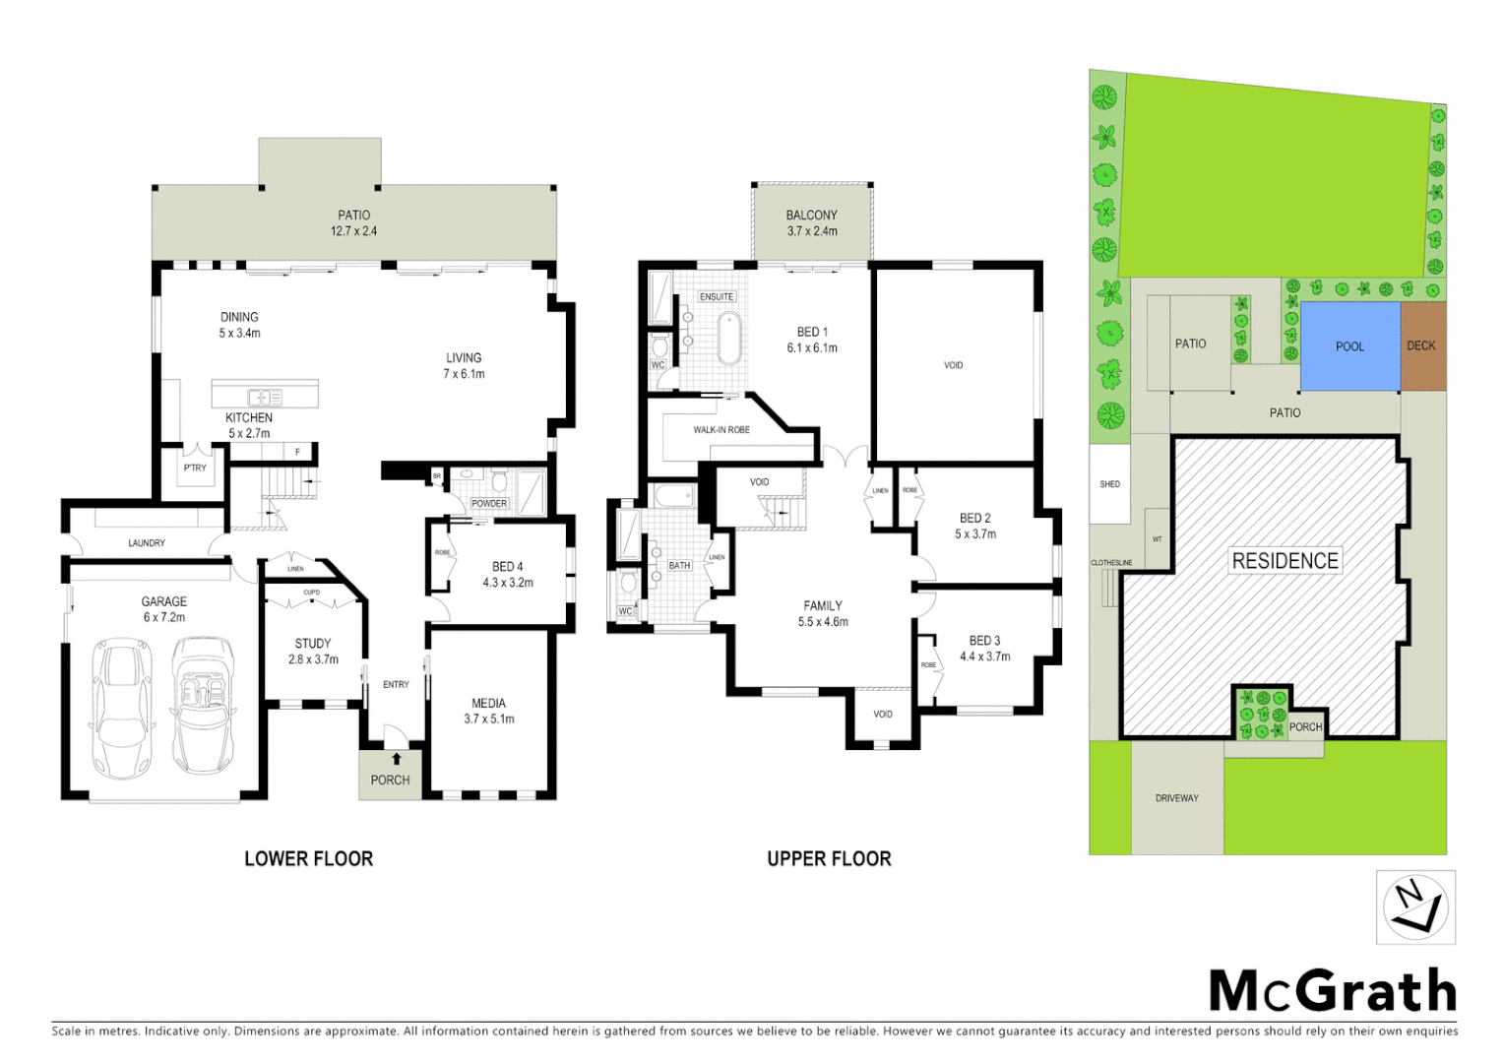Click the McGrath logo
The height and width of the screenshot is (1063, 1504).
[1332, 990]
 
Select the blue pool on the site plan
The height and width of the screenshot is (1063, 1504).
[1349, 346]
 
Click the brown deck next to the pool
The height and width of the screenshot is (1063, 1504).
[1422, 345]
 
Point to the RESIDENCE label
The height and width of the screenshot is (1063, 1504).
[1285, 561]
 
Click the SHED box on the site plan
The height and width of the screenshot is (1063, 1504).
[1109, 484]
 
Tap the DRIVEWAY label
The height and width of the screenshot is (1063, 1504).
[1176, 798]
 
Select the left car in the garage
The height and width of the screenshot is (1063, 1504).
[122, 707]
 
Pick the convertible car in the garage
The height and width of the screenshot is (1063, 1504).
[204, 705]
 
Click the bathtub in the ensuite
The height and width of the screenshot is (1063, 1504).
[729, 338]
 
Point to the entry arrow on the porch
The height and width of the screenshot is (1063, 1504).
[396, 759]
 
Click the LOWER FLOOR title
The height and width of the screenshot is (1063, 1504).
[308, 859]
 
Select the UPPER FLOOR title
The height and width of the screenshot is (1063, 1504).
[829, 859]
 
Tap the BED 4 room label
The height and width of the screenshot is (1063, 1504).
[507, 567]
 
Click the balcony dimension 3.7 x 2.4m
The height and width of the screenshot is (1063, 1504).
[811, 231]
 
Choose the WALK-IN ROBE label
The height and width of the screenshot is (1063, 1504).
[721, 430]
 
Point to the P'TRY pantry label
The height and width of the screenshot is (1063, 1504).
[195, 468]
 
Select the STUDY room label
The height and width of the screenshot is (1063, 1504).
[313, 644]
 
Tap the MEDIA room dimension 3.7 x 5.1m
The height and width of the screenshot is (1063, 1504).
[488, 719]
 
